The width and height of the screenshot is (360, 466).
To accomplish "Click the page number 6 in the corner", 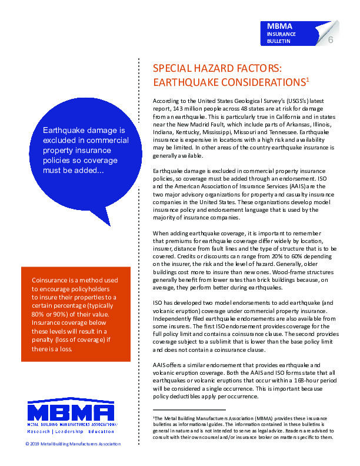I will point(331,40).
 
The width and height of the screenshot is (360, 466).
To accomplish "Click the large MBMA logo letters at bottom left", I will point(71,411).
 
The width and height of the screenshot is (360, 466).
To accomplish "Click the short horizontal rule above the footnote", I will point(188,409).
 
